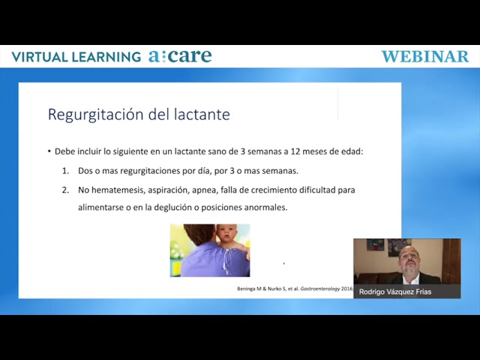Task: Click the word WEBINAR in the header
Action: point(425,57)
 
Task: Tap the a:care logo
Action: point(180,55)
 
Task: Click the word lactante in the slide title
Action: point(202,114)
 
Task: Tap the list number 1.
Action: point(65,171)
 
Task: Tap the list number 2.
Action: point(65,190)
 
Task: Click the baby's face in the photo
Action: point(226,234)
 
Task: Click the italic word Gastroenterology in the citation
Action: point(320,289)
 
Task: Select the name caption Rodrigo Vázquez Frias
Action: point(395,292)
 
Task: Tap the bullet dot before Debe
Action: point(49,151)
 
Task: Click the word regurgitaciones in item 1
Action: point(151,171)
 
